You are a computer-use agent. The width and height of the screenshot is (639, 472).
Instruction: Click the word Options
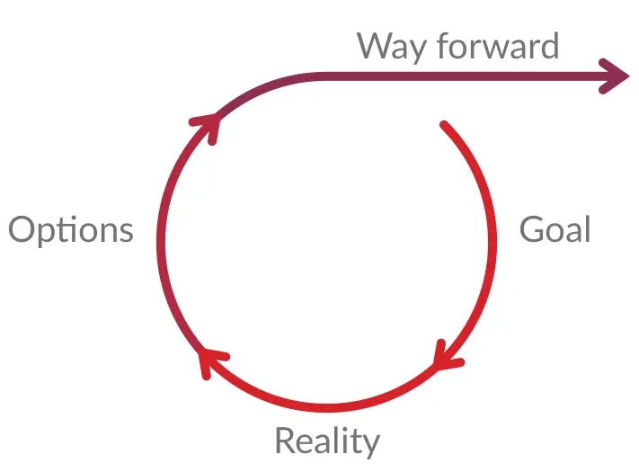[71, 230]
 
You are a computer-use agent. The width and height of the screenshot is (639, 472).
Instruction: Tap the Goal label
[555, 229]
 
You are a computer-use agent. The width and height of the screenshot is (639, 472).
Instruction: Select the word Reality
[328, 441]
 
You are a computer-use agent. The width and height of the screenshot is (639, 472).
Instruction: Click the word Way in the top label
[392, 48]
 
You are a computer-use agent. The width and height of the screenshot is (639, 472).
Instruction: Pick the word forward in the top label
[498, 45]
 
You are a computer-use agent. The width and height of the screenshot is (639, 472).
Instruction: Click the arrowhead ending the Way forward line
[613, 76]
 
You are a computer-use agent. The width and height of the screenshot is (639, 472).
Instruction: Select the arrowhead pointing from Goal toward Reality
[448, 355]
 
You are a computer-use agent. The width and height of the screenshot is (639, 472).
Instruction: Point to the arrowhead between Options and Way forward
[206, 127]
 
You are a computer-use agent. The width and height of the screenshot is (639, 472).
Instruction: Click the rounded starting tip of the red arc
[444, 125]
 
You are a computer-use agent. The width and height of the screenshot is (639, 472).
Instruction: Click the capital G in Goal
[532, 229]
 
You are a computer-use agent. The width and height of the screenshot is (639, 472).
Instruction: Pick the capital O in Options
[22, 229]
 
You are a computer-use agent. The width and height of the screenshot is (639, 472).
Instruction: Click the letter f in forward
[444, 45]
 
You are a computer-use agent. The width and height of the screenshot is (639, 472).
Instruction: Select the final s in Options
[126, 234]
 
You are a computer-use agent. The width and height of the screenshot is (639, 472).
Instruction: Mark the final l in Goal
[588, 229]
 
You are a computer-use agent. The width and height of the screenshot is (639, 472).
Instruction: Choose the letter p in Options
[49, 236]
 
